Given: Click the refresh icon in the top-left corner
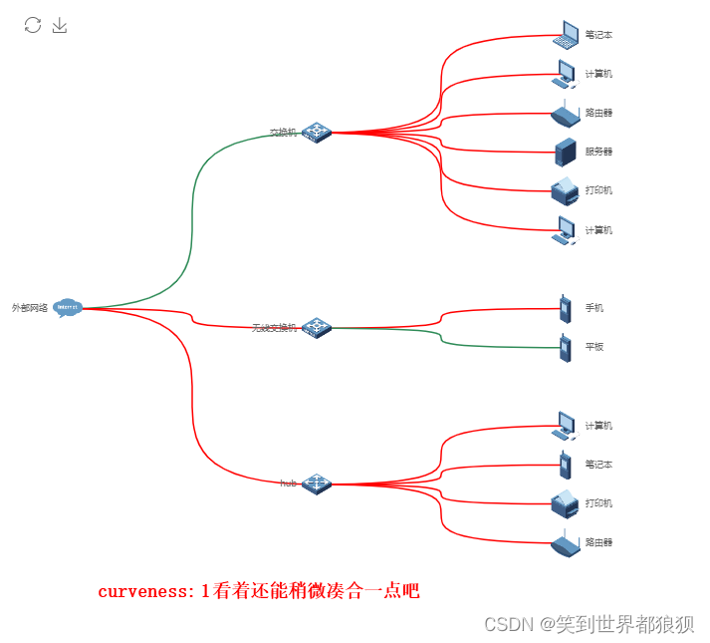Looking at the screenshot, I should click(x=33, y=25).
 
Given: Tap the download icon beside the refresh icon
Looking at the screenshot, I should click(x=60, y=25).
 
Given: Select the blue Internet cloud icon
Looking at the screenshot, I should click(x=68, y=308).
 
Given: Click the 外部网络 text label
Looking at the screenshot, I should click(x=30, y=308).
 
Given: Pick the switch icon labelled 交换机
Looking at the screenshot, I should click(x=317, y=132).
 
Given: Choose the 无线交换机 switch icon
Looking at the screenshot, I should click(x=317, y=327).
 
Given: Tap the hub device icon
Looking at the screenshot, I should click(x=317, y=483).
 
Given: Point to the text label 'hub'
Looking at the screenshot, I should click(x=289, y=483).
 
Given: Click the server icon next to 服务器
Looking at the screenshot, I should click(x=566, y=152).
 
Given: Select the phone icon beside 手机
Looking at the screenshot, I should click(x=565, y=308).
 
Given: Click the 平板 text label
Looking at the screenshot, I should click(x=594, y=347).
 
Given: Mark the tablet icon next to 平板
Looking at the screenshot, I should click(x=565, y=347).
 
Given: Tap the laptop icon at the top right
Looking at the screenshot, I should click(x=566, y=34).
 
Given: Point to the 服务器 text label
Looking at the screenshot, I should click(x=598, y=152).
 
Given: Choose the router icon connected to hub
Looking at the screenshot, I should click(x=565, y=543).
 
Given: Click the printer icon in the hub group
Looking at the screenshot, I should click(x=565, y=503).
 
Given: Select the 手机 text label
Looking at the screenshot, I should click(x=594, y=308).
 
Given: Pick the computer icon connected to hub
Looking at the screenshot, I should click(x=565, y=426).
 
